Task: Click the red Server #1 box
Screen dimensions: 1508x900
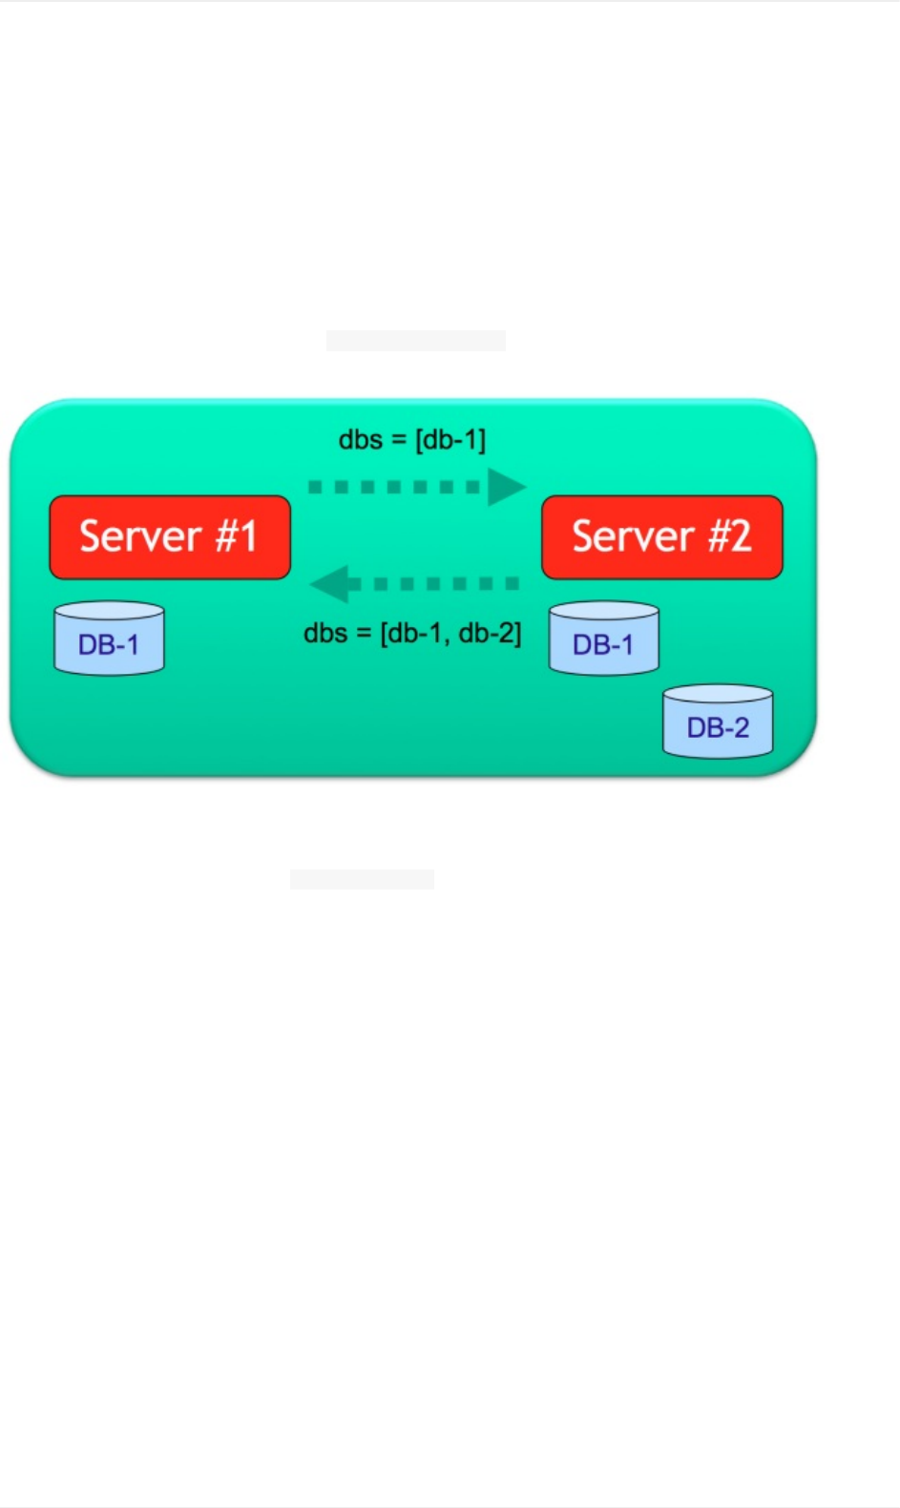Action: coord(170,537)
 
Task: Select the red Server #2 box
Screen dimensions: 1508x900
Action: coord(661,537)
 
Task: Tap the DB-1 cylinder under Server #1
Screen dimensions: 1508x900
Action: coord(109,639)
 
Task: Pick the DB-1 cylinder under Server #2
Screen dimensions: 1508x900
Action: coord(603,639)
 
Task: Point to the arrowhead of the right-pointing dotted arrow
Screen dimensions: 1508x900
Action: coord(506,487)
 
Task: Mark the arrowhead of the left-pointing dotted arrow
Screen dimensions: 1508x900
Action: coord(330,583)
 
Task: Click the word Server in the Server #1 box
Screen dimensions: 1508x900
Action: coord(140,536)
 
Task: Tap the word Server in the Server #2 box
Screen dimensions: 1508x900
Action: coord(633,536)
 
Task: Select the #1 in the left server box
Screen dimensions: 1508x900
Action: coord(237,536)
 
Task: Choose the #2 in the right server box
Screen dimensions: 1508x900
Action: coord(729,536)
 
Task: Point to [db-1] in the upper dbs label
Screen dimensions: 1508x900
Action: coord(450,440)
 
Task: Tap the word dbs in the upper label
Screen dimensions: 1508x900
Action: coord(360,440)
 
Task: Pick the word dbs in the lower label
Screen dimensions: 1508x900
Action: coord(324,633)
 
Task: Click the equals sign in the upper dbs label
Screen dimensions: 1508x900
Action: coord(399,441)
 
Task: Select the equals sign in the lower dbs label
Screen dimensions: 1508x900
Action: coord(364,634)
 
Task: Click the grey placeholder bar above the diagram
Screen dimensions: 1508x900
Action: coord(415,341)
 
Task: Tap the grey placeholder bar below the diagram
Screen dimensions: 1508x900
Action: coord(362,879)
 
